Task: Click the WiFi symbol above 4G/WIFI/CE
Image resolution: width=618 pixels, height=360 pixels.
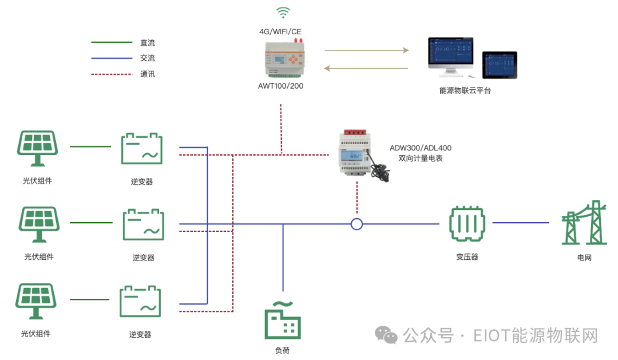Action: [x=282, y=12]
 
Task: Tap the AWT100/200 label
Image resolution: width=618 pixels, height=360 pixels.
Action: [x=281, y=86]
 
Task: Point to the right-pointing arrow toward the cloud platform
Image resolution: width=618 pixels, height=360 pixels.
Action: [x=367, y=50]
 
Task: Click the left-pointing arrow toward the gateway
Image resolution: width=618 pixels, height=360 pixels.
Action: [x=367, y=69]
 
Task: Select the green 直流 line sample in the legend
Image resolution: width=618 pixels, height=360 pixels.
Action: [x=112, y=42]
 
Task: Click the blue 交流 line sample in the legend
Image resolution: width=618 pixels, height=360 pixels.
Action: [x=112, y=58]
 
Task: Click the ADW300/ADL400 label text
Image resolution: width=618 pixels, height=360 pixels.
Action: [x=421, y=148]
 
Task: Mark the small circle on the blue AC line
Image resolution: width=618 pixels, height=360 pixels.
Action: [x=356, y=224]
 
